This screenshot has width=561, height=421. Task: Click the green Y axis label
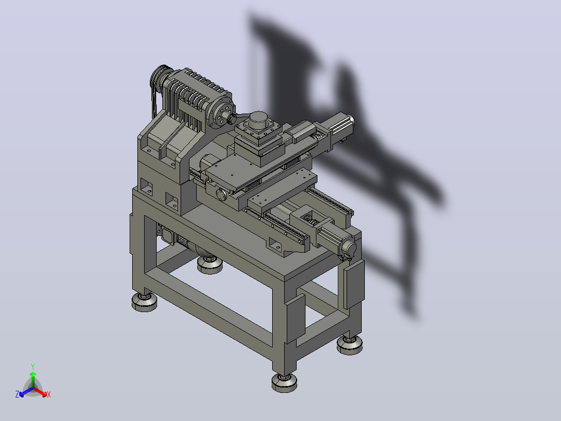(33, 366)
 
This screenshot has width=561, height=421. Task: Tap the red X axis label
(49, 394)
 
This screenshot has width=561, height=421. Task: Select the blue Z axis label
(17, 394)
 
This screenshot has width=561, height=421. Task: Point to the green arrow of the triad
(33, 380)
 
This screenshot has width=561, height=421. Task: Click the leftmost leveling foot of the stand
(144, 302)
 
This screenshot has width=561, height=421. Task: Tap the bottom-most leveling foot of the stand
(284, 382)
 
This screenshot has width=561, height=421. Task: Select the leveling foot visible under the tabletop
(210, 264)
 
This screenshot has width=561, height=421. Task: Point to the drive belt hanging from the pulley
(154, 103)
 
